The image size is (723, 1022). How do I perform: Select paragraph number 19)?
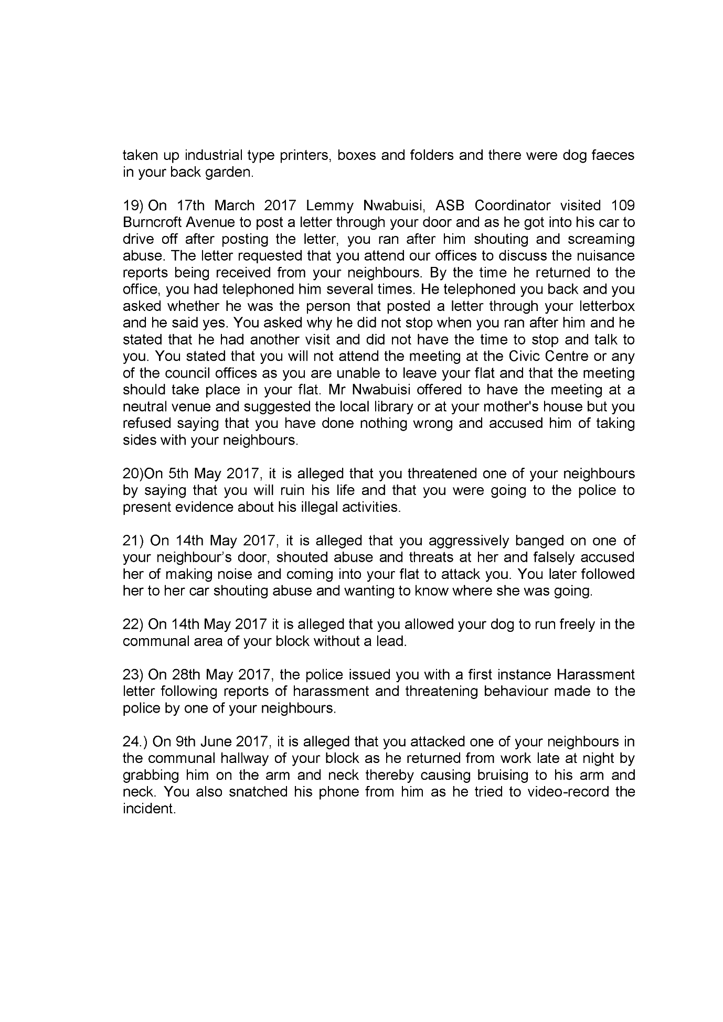coord(133,206)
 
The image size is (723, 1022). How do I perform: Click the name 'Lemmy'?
coord(331,206)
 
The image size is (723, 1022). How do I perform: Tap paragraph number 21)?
coord(133,541)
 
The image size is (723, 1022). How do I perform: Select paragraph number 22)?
coord(133,625)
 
